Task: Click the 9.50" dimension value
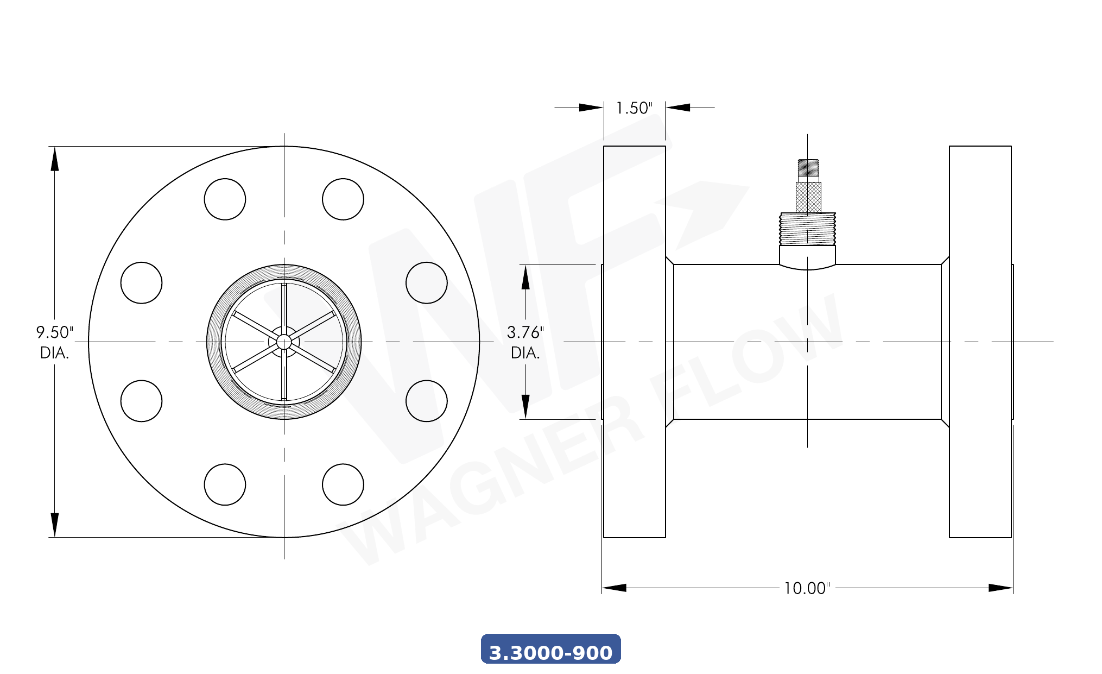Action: point(54,332)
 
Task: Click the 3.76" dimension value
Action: point(525,332)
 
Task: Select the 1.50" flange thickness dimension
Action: point(634,108)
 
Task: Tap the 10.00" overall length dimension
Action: point(807,588)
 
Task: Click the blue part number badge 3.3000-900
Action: point(550,650)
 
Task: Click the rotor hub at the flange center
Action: point(284,342)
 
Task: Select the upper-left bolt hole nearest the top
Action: point(225,199)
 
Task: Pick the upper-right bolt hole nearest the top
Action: point(343,199)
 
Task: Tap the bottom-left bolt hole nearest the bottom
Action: point(225,484)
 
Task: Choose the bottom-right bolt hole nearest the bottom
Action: point(343,484)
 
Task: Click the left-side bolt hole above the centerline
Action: point(141,283)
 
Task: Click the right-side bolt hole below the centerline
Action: point(427,401)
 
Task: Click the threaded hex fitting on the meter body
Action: point(807,229)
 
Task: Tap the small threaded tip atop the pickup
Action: point(808,167)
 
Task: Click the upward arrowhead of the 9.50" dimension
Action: point(54,160)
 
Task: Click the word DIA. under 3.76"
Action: point(525,353)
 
